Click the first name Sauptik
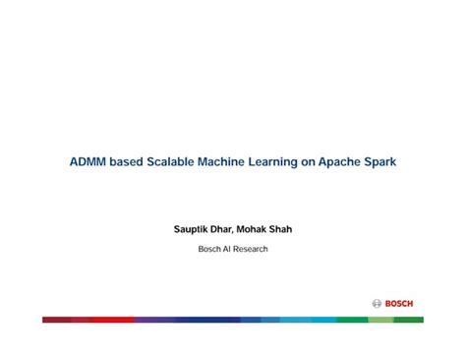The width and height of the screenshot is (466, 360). [x=193, y=229]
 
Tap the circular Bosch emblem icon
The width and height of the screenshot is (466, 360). [x=377, y=303]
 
